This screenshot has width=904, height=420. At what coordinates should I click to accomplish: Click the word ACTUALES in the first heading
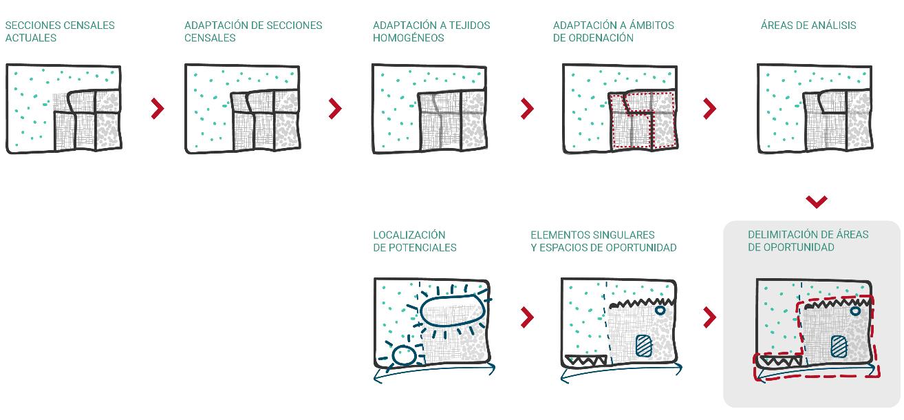[x=31, y=38]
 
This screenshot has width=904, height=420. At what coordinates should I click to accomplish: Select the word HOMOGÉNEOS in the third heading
[x=409, y=38]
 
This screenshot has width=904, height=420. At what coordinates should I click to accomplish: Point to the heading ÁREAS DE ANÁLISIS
[x=808, y=25]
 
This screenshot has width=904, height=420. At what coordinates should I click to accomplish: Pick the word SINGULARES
[x=622, y=235]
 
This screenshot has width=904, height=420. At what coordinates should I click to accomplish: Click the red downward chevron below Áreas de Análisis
[x=816, y=202]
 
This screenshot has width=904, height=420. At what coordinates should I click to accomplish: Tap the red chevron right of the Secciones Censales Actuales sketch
[x=158, y=108]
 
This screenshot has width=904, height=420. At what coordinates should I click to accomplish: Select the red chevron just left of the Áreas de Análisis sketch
[x=710, y=108]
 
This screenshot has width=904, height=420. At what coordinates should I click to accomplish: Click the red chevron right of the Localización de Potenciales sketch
[x=527, y=317]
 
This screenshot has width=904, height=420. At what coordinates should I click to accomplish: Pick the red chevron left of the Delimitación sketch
[x=710, y=317]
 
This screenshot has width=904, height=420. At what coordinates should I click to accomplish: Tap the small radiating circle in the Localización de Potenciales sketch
[x=404, y=355]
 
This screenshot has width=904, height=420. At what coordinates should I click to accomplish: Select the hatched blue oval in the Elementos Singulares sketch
[x=644, y=345]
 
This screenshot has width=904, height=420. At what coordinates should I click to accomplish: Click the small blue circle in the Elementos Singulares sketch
[x=660, y=311]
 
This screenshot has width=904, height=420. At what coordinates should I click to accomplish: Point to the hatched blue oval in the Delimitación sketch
[x=839, y=346]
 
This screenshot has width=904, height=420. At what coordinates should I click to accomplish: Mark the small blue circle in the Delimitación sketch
[x=855, y=311]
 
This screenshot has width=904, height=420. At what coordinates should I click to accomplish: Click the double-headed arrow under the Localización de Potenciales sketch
[x=433, y=372]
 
